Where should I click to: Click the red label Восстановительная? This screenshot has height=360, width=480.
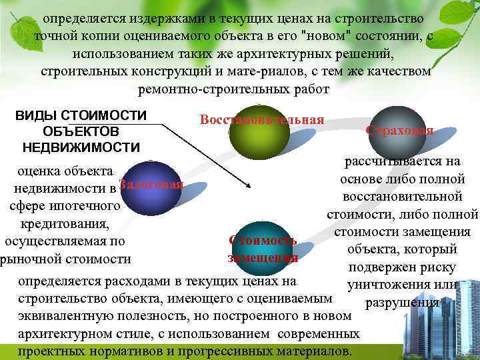[261, 120]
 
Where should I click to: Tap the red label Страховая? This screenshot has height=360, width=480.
[400, 131]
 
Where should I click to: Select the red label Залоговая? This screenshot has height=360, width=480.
[151, 185]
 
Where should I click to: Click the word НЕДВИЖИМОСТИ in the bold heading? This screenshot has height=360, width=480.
[81, 147]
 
